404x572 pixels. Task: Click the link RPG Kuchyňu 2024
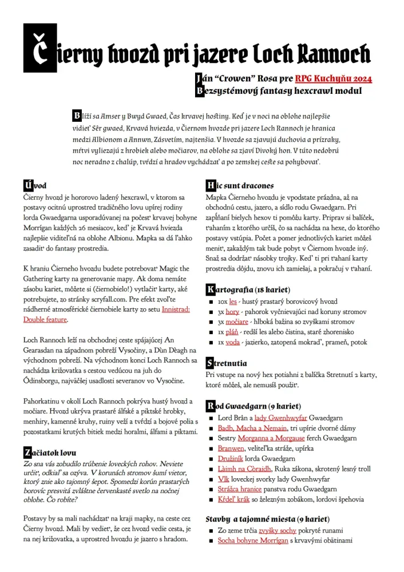pos(334,78)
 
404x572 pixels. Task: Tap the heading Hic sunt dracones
pos(240,185)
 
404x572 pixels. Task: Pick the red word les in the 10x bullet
pos(233,301)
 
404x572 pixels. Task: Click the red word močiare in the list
pos(236,322)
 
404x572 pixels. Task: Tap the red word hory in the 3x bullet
pos(232,312)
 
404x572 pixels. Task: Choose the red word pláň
pos(232,332)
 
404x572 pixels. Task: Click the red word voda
pos(232,343)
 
